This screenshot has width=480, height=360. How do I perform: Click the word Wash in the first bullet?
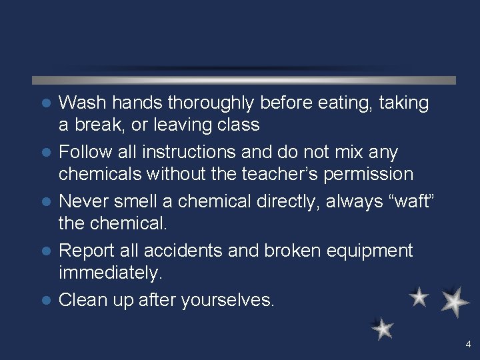point(83,103)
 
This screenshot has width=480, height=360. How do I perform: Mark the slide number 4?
point(468,345)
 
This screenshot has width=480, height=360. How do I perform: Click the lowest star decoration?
point(383,328)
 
